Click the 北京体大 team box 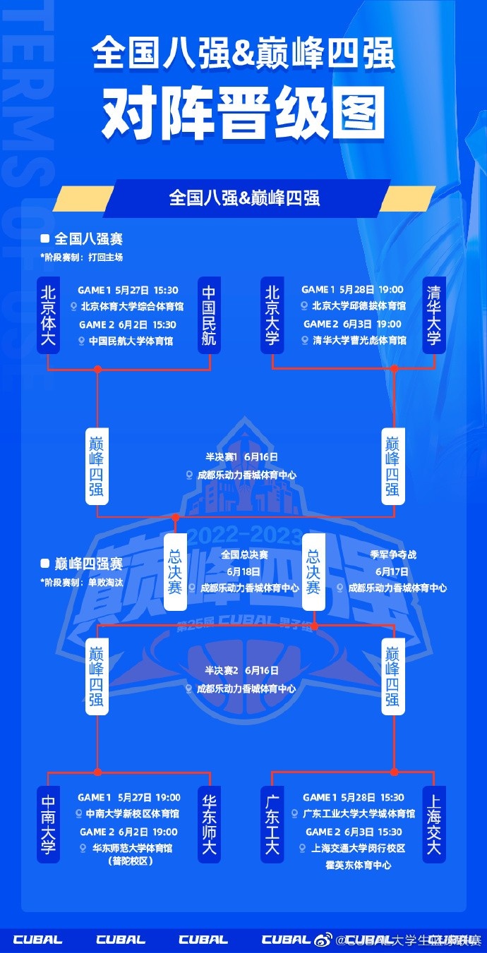[48, 315]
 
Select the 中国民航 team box [209, 315]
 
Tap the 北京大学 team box [272, 315]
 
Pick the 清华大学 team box [433, 315]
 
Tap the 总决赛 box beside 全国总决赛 [175, 571]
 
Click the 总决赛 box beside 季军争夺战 [313, 571]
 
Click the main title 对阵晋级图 [243, 113]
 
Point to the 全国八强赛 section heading [88, 239]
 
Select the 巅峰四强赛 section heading [88, 564]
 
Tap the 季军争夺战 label [394, 554]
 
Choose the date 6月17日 [392, 571]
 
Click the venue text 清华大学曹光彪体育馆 [359, 341]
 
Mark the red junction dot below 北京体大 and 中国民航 [97, 369]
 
